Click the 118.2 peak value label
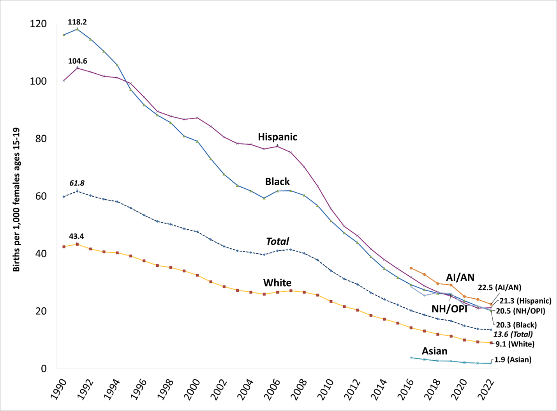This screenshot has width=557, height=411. pos(77,22)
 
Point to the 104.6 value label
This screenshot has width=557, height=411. pos(78,61)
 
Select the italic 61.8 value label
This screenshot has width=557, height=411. pos(77,183)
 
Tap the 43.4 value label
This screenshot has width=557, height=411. pos(76,236)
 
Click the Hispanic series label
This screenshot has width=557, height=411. pos(277,137)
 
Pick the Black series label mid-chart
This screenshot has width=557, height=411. pos(277,182)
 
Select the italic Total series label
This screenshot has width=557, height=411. pos(277,242)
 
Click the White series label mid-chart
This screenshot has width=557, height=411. pos(277,283)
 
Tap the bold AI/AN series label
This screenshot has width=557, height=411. pos(460,278)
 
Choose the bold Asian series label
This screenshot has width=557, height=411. pos(434,351)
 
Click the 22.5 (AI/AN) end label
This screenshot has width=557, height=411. pos(499,288)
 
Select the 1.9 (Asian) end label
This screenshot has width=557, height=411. pos(513,360)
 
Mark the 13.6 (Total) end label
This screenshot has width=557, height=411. pos(513,334)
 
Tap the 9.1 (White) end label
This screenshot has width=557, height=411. pos(515,344)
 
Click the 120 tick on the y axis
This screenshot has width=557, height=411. pos(38,24)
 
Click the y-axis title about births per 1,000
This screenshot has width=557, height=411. pos(16,199)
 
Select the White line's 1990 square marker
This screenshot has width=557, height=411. pos(64,247)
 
